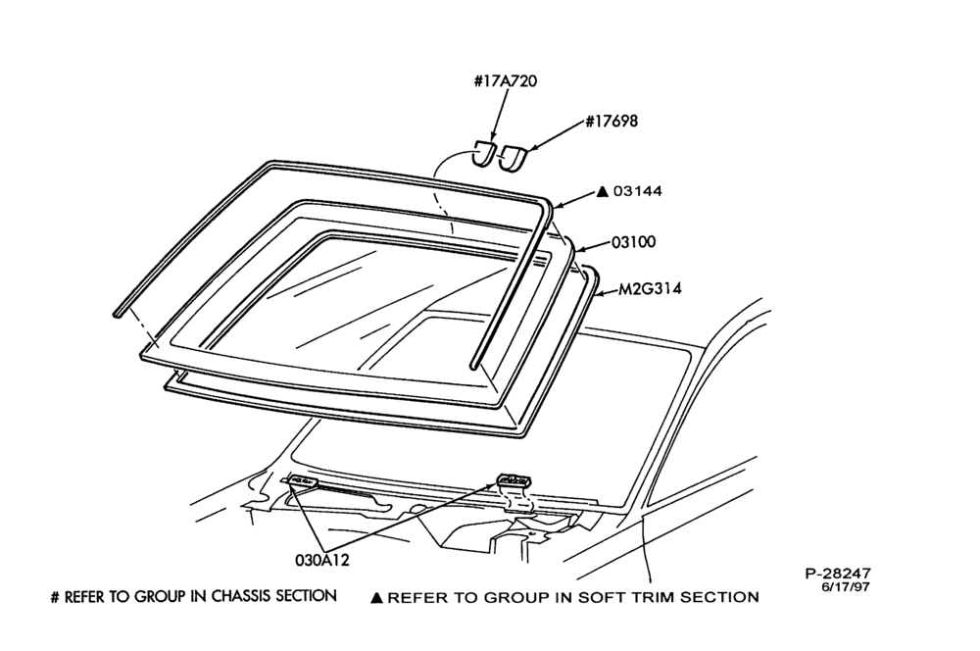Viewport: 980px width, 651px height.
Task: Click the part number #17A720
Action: (505, 81)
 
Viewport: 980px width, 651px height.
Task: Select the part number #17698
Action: (612, 121)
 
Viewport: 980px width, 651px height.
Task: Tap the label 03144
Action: (637, 191)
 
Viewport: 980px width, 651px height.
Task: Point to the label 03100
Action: (633, 242)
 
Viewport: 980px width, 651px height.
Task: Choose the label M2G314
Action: (650, 289)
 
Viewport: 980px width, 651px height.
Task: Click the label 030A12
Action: (321, 560)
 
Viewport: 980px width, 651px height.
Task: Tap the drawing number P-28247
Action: (837, 574)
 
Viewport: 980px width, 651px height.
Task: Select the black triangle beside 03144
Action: (603, 191)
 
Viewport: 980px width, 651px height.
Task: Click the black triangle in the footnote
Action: (376, 598)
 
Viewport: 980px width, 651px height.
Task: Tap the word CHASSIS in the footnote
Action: (241, 596)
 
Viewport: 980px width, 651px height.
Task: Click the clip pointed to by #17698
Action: (514, 159)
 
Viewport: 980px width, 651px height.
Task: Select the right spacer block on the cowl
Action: (515, 479)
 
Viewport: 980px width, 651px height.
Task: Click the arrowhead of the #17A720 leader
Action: (492, 137)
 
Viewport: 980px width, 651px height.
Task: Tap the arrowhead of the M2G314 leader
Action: (600, 293)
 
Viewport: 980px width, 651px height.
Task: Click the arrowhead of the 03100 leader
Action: (577, 250)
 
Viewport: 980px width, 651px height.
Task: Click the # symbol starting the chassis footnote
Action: (55, 597)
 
